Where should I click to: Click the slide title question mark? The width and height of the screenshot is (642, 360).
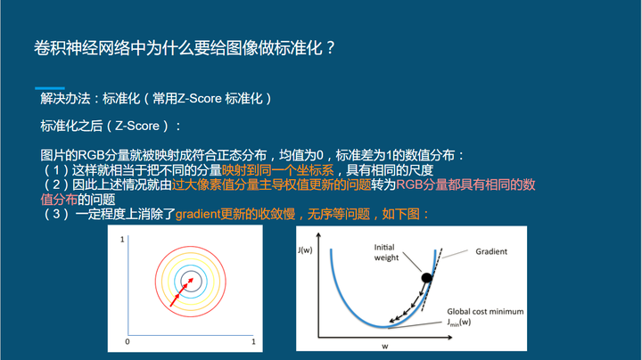point(331,48)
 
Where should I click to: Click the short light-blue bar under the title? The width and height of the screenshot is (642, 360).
point(50,88)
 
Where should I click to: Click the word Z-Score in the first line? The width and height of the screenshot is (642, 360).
point(199,99)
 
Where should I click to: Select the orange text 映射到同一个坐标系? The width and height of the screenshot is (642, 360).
point(277,170)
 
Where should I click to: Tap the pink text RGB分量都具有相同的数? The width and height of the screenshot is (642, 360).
point(465,184)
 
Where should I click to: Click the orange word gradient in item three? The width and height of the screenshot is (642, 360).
point(197,214)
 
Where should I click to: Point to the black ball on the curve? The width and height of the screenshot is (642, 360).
point(426,278)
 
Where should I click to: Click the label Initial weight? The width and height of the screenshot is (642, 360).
point(386,252)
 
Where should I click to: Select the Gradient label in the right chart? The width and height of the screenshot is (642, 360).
point(491,251)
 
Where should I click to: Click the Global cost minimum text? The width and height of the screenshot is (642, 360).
point(485,312)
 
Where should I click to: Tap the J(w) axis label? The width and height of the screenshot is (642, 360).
point(305,250)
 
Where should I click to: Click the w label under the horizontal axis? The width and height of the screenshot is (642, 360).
point(385,346)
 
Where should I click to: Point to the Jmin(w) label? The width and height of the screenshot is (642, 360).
point(459,323)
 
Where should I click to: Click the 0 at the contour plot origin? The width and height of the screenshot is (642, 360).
point(128,341)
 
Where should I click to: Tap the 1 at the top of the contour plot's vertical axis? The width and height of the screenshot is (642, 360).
point(122,240)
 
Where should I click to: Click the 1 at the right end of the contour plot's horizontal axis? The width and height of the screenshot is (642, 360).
point(253,341)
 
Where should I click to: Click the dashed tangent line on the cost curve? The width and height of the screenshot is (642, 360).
point(432,279)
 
